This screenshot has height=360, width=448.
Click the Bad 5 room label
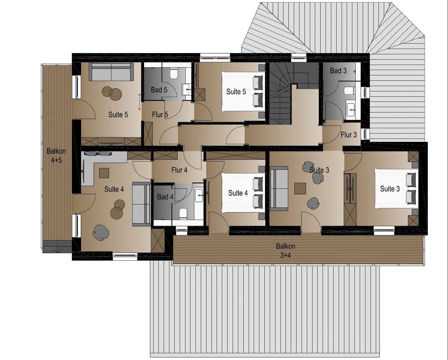159,90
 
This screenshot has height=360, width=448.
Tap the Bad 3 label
338,71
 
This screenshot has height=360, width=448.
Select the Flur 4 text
179,170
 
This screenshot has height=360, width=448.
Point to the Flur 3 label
349,135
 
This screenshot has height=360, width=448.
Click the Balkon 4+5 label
56,156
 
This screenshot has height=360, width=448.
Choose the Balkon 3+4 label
286,250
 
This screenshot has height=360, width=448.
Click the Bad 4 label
165,197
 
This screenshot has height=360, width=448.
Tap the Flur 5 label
160,115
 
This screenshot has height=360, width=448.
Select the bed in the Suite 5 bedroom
243,91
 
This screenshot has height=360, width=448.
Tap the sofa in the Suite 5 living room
111,71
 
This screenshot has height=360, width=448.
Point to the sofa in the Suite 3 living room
279,189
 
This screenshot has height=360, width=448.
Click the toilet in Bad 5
174,74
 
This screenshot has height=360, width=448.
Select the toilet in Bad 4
183,214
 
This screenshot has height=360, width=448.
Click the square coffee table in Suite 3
301,188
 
